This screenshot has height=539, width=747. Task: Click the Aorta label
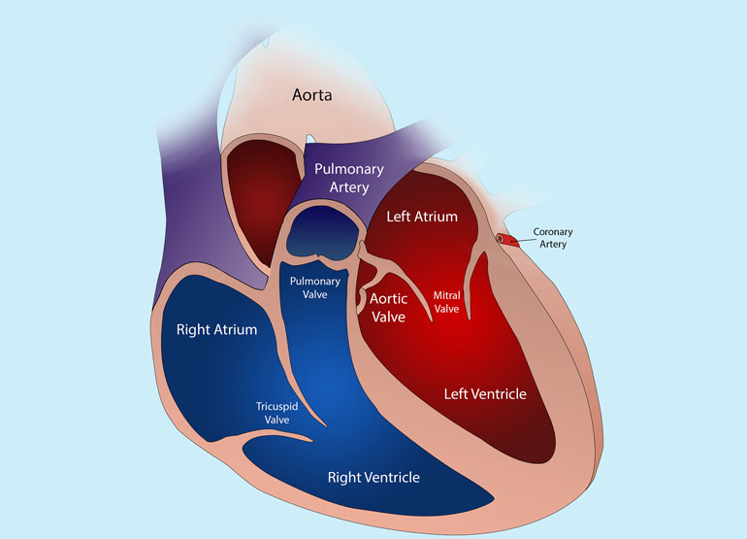(312, 95)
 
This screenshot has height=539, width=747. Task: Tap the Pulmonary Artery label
(349, 178)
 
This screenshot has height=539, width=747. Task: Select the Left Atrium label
(422, 217)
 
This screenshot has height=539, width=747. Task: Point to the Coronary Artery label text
(553, 238)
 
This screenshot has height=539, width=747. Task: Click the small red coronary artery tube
(507, 240)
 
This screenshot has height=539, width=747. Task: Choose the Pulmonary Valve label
(315, 287)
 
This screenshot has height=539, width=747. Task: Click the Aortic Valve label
(388, 308)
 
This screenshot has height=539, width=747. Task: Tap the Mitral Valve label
(446, 302)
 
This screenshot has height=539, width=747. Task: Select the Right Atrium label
(216, 329)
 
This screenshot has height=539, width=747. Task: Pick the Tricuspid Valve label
(276, 413)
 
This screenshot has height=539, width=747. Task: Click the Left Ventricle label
(485, 393)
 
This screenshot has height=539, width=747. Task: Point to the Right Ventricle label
(373, 478)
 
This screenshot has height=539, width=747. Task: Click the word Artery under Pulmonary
(349, 187)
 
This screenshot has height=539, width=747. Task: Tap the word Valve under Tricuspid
(276, 420)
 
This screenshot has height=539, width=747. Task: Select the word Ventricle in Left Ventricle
(499, 393)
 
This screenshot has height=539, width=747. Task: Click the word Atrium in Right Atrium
(236, 329)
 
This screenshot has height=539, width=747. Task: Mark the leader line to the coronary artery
(524, 241)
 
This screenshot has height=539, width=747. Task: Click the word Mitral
(446, 295)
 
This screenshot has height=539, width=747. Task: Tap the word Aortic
(388, 298)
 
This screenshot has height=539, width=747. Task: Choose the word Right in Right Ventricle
(342, 478)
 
